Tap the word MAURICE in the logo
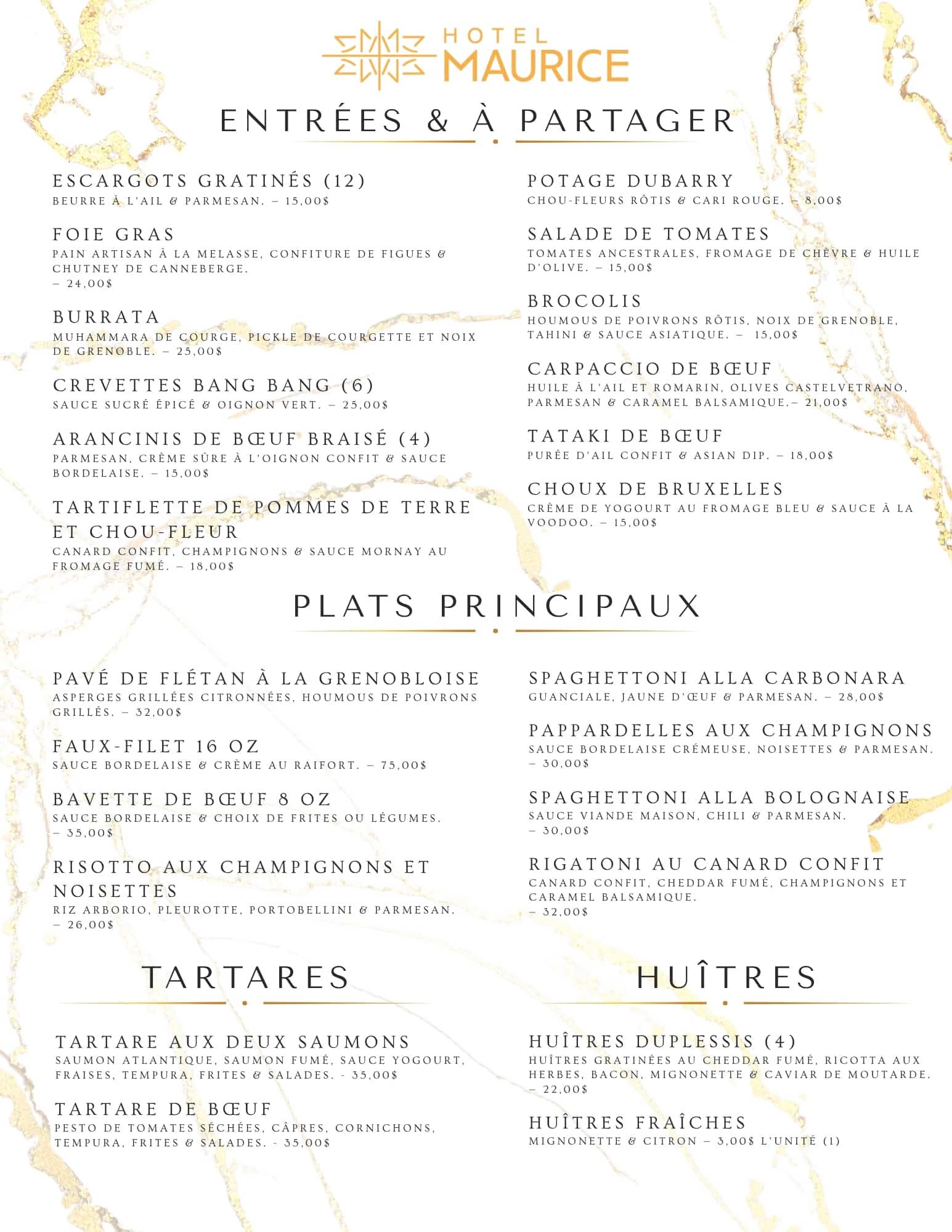(536, 66)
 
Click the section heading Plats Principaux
(497, 606)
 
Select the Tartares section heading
(246, 977)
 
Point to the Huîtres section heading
(726, 977)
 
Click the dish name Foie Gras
(114, 235)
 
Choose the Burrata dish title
(107, 317)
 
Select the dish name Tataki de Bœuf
(625, 436)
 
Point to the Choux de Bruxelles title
(655, 489)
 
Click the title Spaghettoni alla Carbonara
(717, 678)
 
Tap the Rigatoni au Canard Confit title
(706, 864)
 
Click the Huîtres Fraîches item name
(637, 1122)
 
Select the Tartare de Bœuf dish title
(163, 1109)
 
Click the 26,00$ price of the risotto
(91, 925)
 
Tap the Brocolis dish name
(585, 301)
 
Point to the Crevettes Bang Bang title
(213, 386)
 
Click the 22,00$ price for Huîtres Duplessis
(565, 1089)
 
